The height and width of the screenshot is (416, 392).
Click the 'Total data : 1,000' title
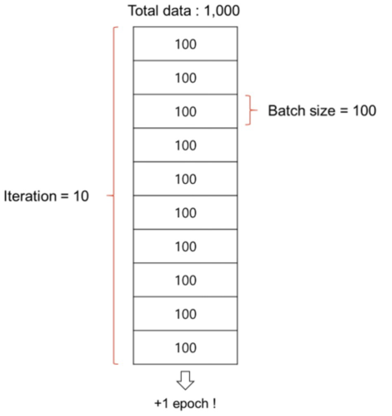(x=184, y=11)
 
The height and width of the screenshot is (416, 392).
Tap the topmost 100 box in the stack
(x=185, y=44)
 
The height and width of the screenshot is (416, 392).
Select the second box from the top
(x=185, y=78)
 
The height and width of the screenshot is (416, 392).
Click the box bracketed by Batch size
(x=185, y=111)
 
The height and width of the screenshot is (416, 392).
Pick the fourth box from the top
(x=185, y=145)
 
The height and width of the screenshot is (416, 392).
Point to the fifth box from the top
(x=185, y=179)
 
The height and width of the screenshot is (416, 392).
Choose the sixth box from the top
(x=185, y=213)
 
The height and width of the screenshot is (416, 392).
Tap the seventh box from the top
(x=185, y=246)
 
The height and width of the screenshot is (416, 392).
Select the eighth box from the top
(x=185, y=280)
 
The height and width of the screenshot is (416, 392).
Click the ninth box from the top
(x=185, y=314)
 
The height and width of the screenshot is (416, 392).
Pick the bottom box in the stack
(x=185, y=348)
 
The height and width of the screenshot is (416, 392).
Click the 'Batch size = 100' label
(x=322, y=111)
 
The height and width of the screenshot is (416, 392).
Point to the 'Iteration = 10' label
(x=46, y=196)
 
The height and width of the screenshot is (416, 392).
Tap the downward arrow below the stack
(x=185, y=380)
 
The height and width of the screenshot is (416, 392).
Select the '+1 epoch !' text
(x=185, y=404)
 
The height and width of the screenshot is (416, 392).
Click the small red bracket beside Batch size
(x=249, y=110)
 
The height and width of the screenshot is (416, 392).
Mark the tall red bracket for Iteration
(x=114, y=196)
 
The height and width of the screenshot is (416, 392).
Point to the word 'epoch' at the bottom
(x=189, y=404)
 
